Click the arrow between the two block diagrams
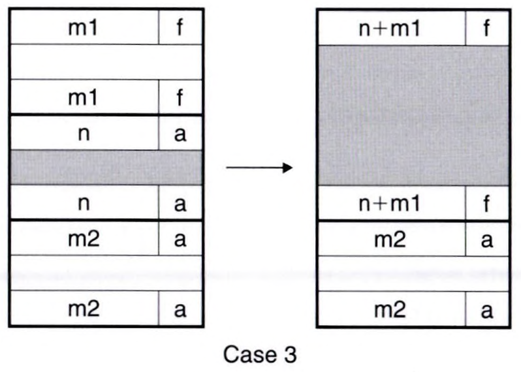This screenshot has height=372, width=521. (259, 168)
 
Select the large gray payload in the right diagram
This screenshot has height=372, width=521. (413, 115)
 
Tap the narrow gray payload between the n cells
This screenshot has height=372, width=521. (106, 168)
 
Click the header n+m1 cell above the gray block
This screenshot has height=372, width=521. (390, 28)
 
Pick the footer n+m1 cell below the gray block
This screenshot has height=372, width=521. (390, 203)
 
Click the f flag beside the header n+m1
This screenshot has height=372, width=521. (486, 28)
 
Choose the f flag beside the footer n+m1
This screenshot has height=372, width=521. (486, 203)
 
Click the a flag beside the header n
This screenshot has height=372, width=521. (180, 133)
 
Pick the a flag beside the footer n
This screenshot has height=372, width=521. (180, 203)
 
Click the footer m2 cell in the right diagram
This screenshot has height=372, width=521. (390, 309)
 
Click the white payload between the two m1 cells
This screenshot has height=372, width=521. (106, 62)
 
